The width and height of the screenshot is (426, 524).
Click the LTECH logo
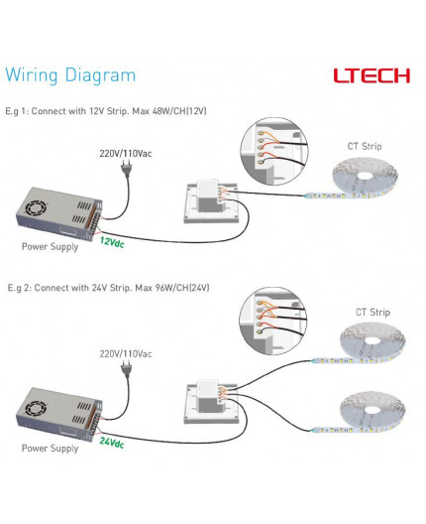(372, 75)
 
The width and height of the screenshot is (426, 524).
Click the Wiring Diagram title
(70, 75)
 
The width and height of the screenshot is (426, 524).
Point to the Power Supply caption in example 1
(50, 247)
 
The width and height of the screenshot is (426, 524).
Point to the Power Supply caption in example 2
(50, 449)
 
